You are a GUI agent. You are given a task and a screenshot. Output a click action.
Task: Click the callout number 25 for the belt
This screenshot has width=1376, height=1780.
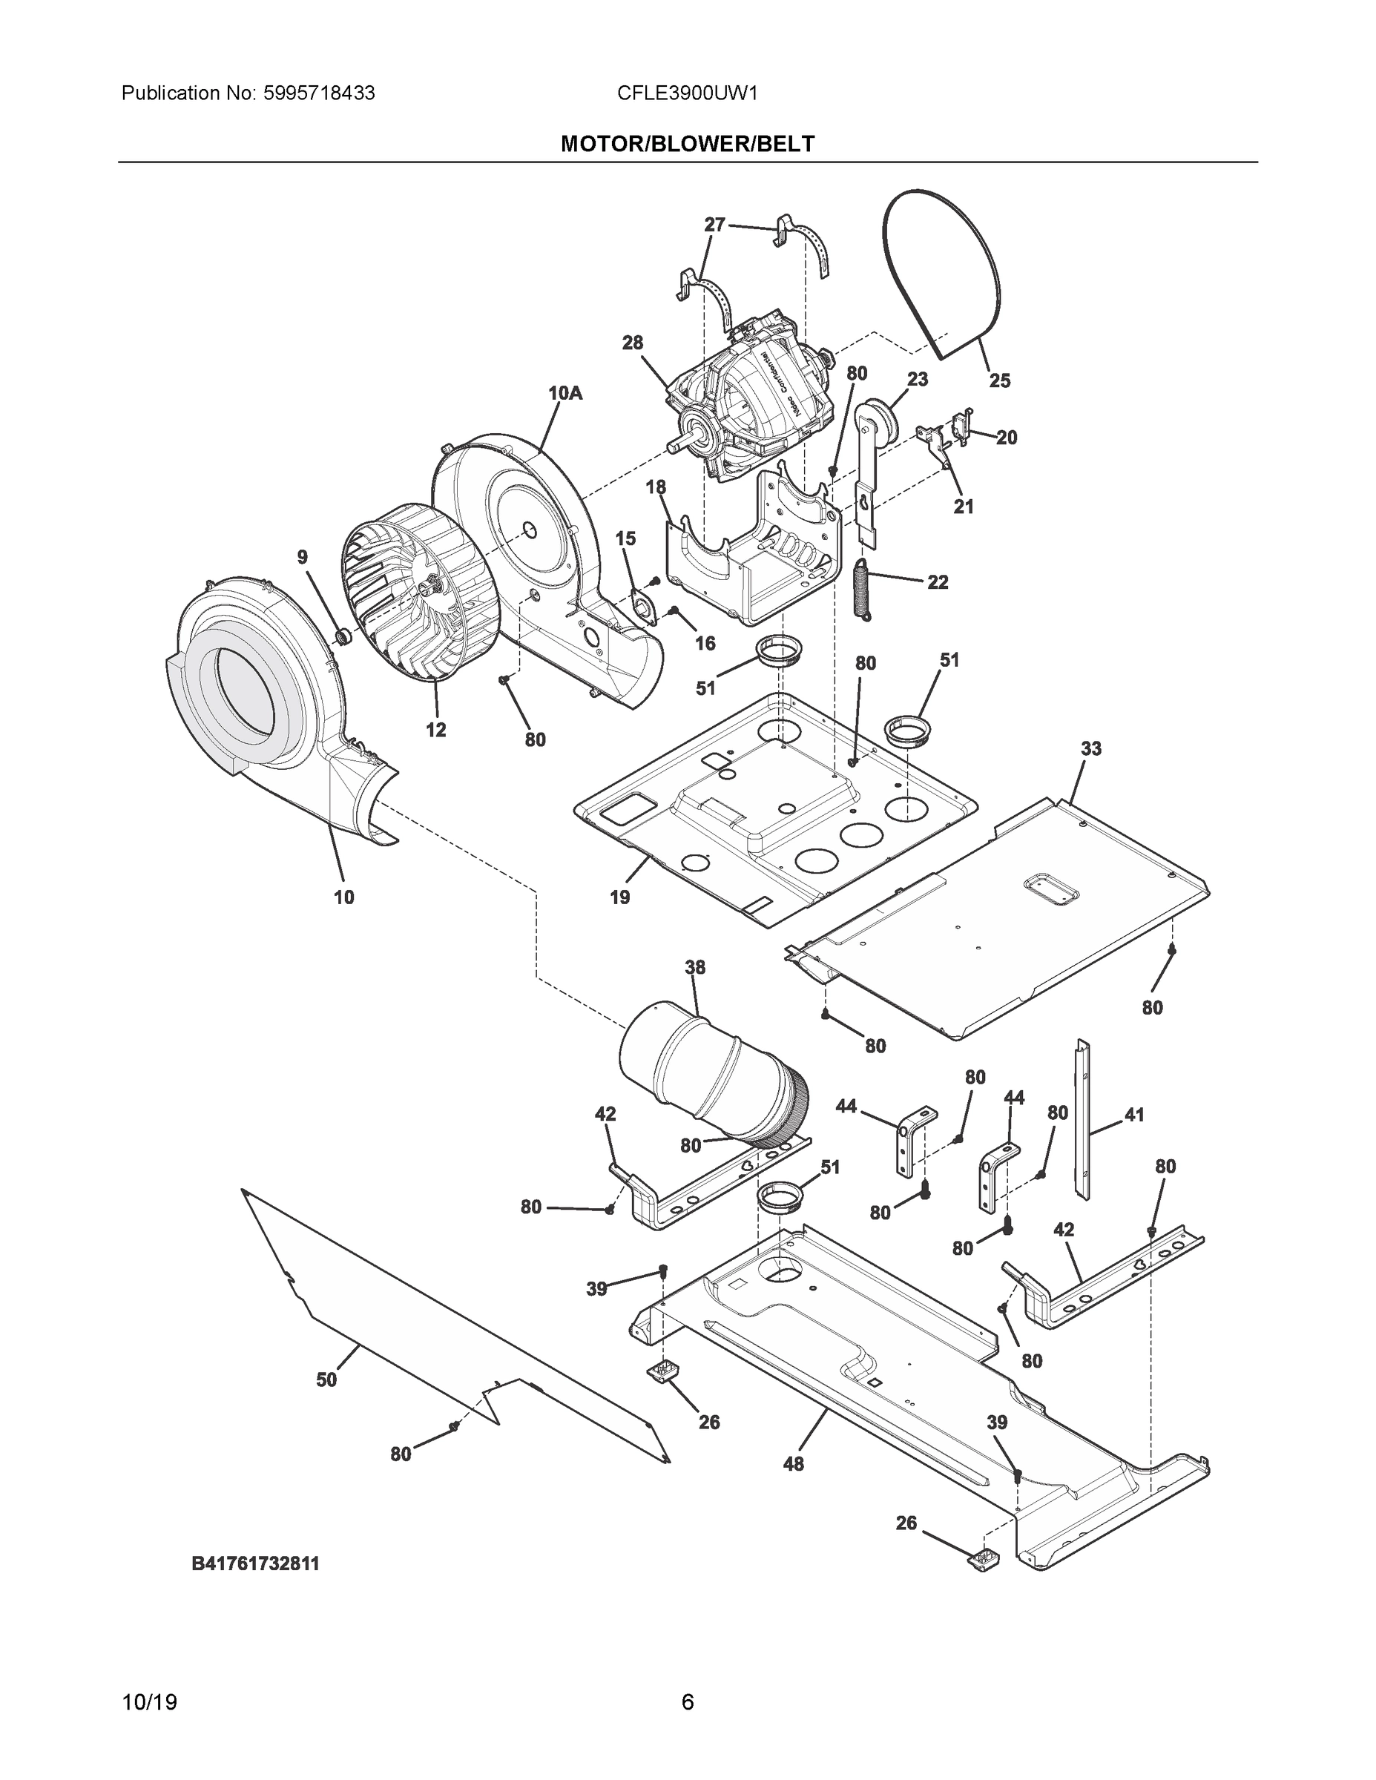click(999, 380)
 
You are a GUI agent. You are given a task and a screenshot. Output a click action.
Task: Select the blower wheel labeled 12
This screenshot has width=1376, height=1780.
click(420, 591)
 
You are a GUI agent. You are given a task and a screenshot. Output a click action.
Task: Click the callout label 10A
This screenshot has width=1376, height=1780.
click(565, 393)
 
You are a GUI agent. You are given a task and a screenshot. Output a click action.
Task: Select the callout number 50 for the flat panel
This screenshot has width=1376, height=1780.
click(326, 1379)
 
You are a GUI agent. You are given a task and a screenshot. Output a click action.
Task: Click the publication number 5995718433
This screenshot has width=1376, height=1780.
click(318, 93)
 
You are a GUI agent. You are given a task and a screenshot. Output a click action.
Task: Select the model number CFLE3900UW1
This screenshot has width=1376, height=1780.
click(687, 93)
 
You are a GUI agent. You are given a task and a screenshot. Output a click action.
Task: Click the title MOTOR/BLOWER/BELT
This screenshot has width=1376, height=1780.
click(687, 145)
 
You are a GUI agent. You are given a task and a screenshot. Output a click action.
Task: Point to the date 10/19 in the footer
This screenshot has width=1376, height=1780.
click(149, 1703)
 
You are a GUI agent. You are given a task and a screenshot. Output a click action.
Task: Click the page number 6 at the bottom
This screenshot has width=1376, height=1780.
click(687, 1703)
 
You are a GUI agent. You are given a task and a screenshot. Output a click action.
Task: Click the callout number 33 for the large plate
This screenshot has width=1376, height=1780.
click(1090, 748)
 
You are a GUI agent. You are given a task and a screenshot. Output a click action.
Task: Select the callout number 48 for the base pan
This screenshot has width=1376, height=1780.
click(792, 1464)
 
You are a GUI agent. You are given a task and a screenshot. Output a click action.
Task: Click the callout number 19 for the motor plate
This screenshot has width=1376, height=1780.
click(619, 897)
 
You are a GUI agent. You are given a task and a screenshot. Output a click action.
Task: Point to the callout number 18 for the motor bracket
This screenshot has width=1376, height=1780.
click(656, 487)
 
